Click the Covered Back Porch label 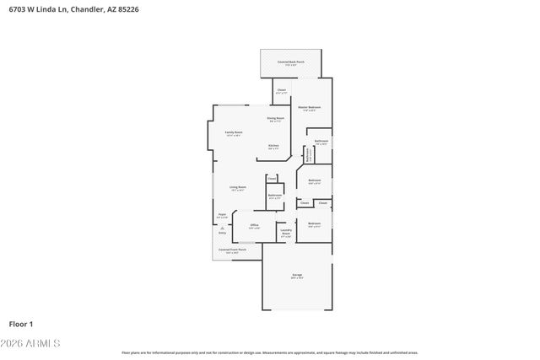(x=290, y=62)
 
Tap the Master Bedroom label (x=310, y=108)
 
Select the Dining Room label (x=275, y=119)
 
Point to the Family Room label (x=234, y=132)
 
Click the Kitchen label (x=273, y=146)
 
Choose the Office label (x=254, y=225)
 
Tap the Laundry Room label (x=285, y=231)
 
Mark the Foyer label (x=222, y=216)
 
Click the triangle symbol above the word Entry (x=222, y=228)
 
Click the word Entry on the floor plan (x=222, y=233)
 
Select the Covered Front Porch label (x=232, y=250)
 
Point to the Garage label (x=297, y=276)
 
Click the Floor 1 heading (x=20, y=324)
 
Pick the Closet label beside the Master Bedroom (x=281, y=90)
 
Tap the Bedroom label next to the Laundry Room (x=314, y=224)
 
